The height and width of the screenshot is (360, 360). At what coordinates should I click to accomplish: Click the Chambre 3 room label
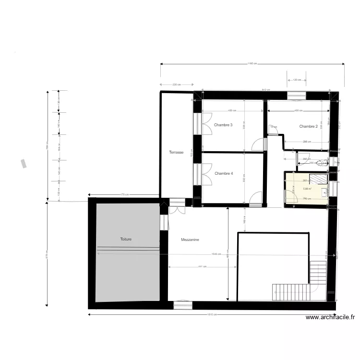[223, 125]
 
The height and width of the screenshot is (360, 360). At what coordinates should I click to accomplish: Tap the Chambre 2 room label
[309, 127]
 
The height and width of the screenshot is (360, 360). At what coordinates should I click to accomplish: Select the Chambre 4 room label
[224, 173]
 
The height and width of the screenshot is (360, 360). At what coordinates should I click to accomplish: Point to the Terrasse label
[176, 153]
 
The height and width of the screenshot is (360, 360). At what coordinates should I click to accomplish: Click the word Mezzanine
[190, 239]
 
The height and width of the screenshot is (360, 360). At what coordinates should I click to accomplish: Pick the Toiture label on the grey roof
[126, 239]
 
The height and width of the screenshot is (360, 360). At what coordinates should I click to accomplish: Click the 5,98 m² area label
[308, 189]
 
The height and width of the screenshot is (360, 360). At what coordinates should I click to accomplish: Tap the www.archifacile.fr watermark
[330, 317]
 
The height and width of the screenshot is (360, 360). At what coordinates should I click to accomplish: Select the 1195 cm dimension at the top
[252, 63]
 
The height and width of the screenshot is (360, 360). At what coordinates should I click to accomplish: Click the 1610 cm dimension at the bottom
[212, 315]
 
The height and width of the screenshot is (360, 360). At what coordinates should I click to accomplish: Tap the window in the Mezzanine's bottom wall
[183, 304]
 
